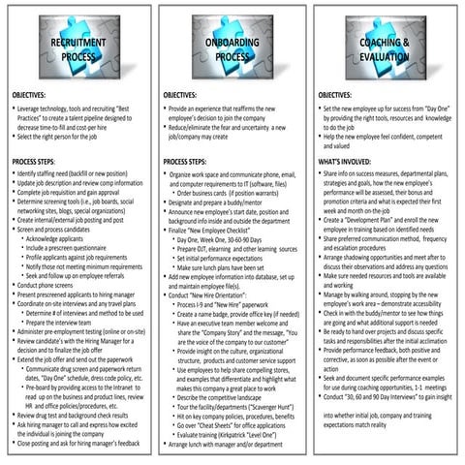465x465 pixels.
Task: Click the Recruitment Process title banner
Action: (76, 49)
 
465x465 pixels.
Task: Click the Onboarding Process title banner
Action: (231, 49)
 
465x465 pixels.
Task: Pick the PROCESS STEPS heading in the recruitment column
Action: (38, 161)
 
